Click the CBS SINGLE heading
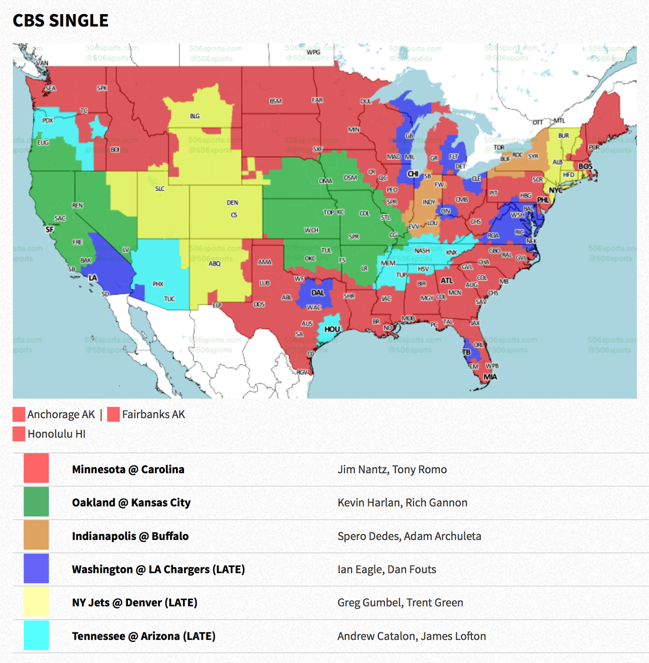coord(60,21)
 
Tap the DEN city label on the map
coord(232,203)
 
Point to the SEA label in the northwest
coord(50,88)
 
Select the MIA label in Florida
coord(490,377)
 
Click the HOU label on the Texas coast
coord(332,329)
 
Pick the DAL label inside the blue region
coord(317,293)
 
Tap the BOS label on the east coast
coord(585,166)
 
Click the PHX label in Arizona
coord(158,284)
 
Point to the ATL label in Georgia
coord(447,281)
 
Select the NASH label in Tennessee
coord(422,251)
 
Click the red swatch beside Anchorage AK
coord(19,414)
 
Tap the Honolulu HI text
coord(56,434)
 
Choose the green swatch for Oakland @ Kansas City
coord(36,502)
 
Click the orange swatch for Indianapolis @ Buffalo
coord(36,536)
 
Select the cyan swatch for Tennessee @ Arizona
coord(36,635)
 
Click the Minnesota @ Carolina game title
coord(128,469)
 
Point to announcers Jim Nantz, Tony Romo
coord(392,469)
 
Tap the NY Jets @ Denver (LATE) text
coord(135,603)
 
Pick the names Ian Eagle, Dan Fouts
coord(387,569)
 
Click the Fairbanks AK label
coord(153,414)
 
